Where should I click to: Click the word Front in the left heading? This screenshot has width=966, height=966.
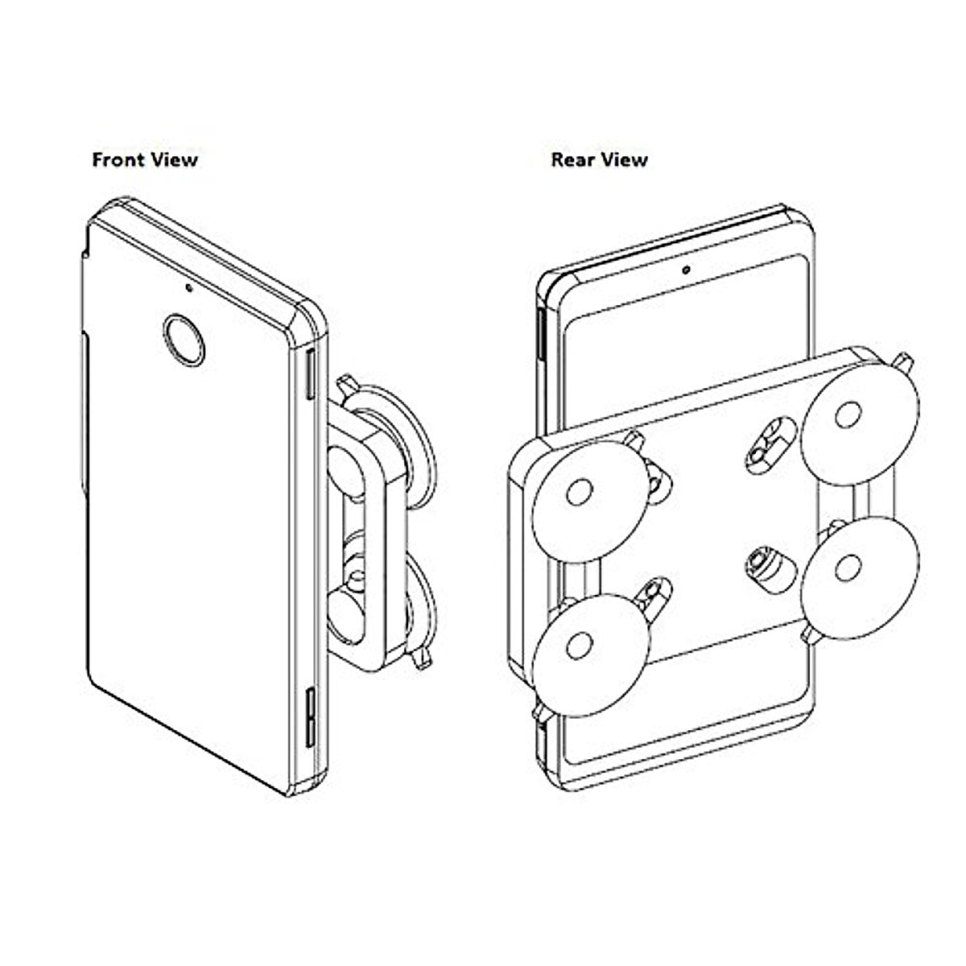[120, 159]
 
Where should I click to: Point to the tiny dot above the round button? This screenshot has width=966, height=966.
[188, 286]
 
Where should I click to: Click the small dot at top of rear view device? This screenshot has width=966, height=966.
[685, 270]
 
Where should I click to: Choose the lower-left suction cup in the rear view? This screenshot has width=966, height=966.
[590, 652]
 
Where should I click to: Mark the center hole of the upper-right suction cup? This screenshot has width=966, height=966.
[846, 417]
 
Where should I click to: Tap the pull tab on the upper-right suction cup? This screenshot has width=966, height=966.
[904, 363]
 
